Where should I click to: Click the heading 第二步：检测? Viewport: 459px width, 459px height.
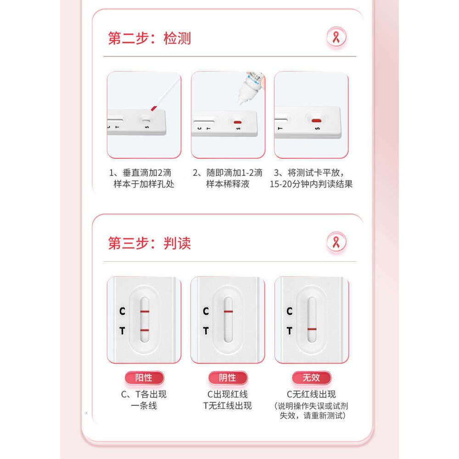tap(149, 39)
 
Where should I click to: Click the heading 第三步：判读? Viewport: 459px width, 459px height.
tap(149, 243)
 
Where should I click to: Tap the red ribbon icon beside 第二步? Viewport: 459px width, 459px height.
tap(336, 37)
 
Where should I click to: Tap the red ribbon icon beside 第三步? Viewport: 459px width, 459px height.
tap(336, 242)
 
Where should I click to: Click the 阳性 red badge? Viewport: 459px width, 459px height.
tap(144, 378)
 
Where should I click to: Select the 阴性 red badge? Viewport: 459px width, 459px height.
tap(228, 378)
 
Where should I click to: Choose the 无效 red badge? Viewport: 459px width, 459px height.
tap(312, 378)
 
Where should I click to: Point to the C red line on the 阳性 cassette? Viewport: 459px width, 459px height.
tap(145, 312)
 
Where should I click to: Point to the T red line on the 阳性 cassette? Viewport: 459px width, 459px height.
tap(145, 330)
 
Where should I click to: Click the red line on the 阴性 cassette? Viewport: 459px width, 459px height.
tap(228, 312)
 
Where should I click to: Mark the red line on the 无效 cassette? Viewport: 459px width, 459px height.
tap(312, 329)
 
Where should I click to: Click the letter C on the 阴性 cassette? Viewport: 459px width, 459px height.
tap(206, 311)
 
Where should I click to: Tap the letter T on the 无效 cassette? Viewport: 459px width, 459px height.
tap(290, 331)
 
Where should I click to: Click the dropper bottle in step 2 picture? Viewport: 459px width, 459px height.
tap(251, 87)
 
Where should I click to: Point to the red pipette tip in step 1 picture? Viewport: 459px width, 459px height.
tap(154, 109)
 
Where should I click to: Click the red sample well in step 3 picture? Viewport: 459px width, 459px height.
tap(316, 121)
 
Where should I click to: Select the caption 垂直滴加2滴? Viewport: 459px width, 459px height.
tap(147, 173)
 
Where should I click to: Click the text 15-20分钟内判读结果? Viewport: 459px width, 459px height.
tap(311, 184)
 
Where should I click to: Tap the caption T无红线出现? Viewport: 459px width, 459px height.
tap(228, 406)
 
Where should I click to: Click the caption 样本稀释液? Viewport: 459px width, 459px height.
tap(228, 184)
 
